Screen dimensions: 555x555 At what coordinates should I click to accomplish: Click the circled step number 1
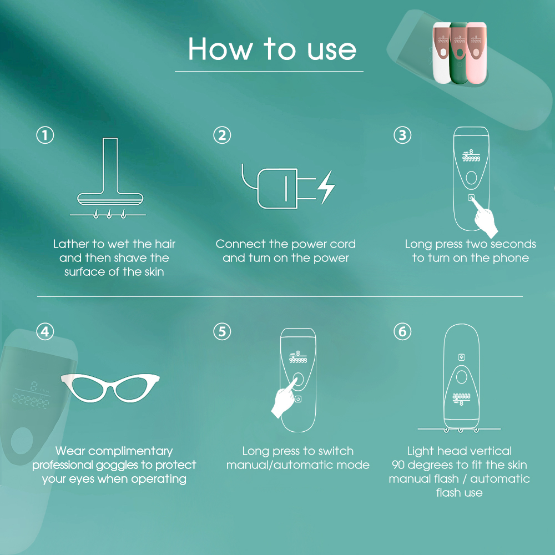(46, 135)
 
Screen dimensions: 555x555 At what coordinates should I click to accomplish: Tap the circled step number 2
(222, 135)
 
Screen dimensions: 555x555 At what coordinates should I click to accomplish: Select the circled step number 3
(402, 135)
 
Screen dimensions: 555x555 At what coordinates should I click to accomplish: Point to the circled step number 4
(46, 332)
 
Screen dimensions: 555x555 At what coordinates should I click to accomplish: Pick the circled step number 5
(222, 332)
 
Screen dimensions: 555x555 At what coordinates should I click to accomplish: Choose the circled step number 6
(402, 332)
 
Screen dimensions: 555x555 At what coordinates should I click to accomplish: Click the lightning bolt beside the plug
(326, 187)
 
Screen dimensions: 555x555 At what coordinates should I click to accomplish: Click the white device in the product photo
(441, 53)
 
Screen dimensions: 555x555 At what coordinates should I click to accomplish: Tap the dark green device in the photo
(459, 53)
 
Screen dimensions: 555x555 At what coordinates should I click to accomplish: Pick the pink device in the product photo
(476, 53)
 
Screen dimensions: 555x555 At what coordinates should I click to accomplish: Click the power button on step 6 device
(461, 357)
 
